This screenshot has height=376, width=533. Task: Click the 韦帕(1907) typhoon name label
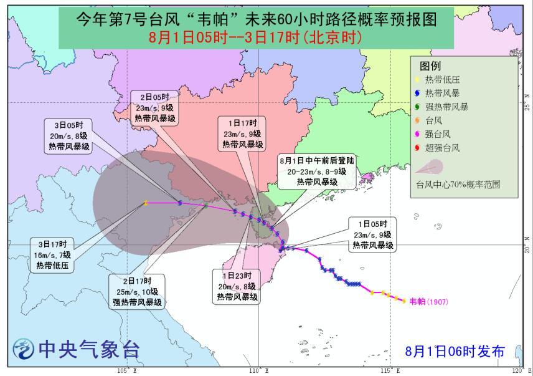428,302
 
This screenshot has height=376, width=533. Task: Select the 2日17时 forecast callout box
138,291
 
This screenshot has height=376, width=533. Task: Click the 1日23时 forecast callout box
238,286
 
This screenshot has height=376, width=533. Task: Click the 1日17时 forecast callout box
242,132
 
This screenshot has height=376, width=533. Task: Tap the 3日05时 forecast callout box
72,137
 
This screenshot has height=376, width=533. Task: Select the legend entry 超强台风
443,148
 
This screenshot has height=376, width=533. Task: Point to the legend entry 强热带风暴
446,107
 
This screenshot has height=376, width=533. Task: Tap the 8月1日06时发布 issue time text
455,350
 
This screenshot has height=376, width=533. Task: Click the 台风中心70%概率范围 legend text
458,185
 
